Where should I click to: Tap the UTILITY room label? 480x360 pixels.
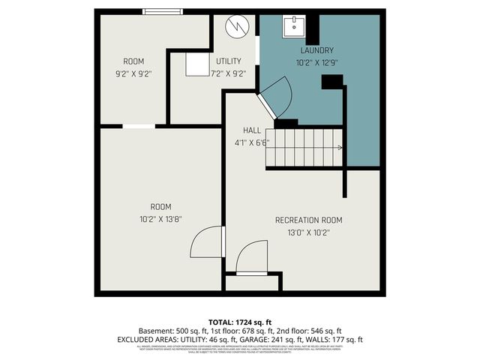coord(228,61)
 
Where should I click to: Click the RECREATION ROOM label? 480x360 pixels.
coord(308,220)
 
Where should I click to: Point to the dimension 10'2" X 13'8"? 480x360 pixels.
coord(160,219)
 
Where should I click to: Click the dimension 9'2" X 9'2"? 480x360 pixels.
coord(133,73)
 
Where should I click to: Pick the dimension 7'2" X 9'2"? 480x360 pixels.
coord(228,73)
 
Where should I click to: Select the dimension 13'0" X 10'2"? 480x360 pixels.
coord(308,232)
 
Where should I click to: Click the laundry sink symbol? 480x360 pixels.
coord(294,27)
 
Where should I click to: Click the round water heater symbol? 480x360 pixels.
coord(237,26)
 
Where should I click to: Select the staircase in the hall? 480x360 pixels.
coord(304,147)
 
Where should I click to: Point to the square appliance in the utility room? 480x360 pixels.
coord(197,64)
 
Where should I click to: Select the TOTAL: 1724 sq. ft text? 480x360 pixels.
coord(239,321)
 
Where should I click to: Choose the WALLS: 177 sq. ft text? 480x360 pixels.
coord(335,340)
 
